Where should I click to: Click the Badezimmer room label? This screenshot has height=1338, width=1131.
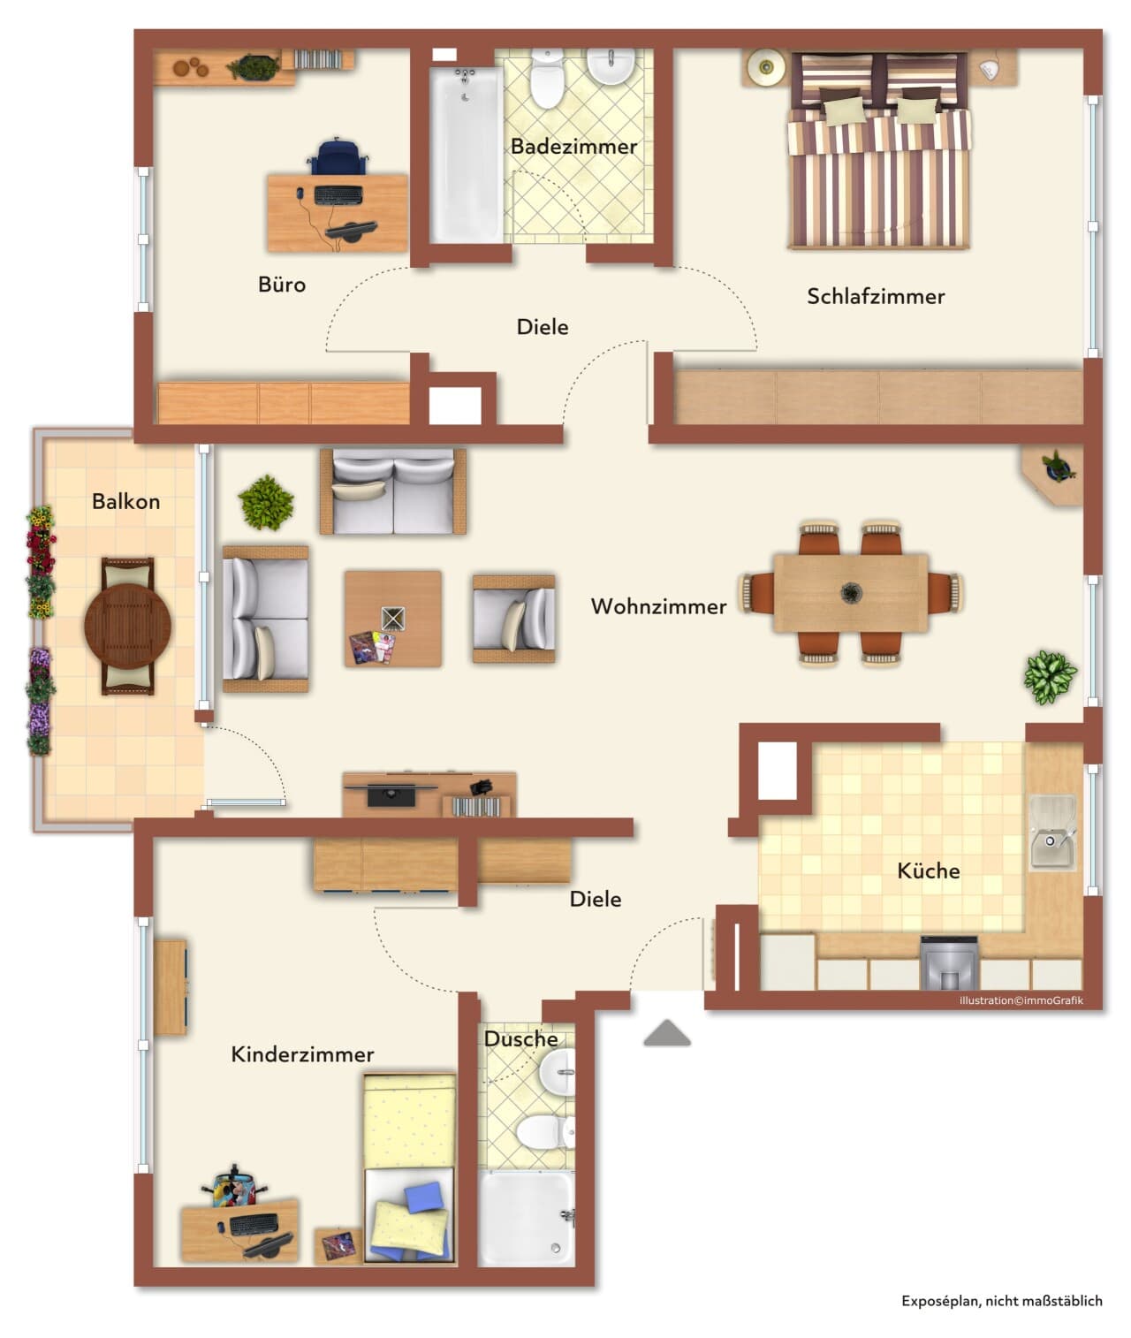tap(573, 147)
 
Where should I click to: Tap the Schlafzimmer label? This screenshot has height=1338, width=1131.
tap(876, 296)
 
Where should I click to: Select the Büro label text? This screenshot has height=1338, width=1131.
tap(282, 285)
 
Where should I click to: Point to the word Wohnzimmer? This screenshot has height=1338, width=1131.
tap(658, 606)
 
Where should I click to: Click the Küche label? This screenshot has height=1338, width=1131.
tap(928, 870)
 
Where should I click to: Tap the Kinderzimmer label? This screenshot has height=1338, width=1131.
tap(302, 1054)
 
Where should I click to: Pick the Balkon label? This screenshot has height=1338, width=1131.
tap(125, 502)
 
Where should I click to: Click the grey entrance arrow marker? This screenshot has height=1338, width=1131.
tap(667, 1033)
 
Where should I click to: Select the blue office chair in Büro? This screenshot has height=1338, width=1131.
tap(338, 156)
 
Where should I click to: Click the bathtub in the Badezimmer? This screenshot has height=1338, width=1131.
tap(466, 155)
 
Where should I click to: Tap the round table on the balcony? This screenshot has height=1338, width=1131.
tap(127, 626)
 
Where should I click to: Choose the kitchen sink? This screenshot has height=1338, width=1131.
tap(1052, 832)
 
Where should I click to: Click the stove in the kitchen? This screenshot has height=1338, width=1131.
tap(948, 963)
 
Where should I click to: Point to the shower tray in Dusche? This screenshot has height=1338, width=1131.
tap(526, 1218)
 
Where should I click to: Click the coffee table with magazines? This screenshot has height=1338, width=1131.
tap(393, 619)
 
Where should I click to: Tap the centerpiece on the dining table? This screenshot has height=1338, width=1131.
tap(851, 592)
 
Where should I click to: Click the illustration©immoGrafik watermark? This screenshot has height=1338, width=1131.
tap(1021, 1000)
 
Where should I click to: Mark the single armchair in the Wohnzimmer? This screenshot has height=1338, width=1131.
tap(513, 619)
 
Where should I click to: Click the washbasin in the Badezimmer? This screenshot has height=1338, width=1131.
tap(611, 66)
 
